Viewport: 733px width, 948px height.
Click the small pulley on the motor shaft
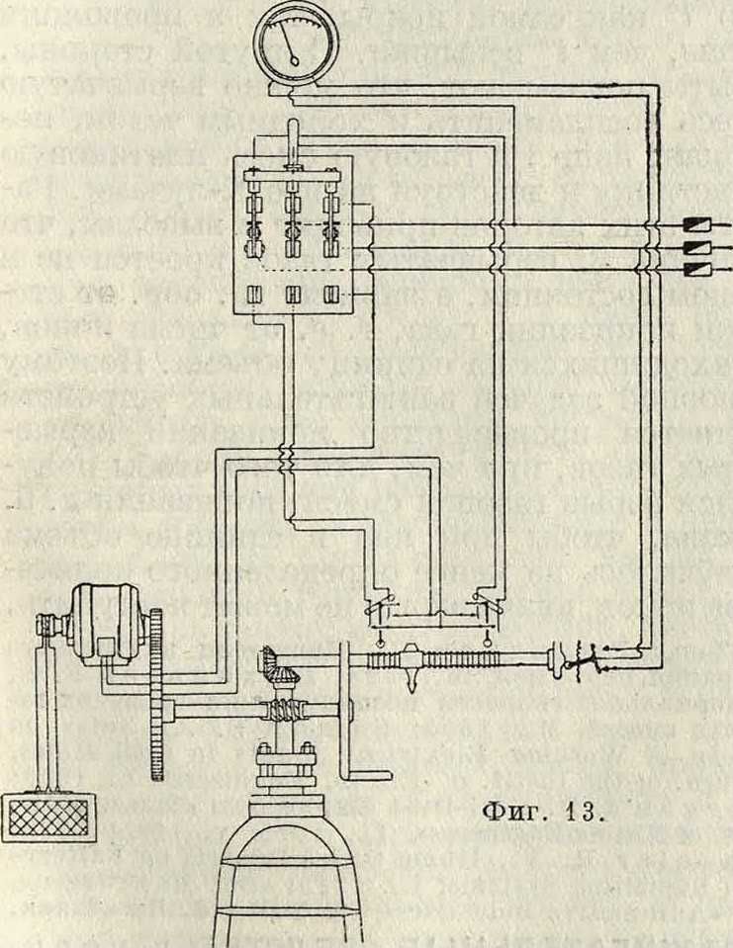[46, 629]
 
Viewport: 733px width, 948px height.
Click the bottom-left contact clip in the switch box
[254, 295]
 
